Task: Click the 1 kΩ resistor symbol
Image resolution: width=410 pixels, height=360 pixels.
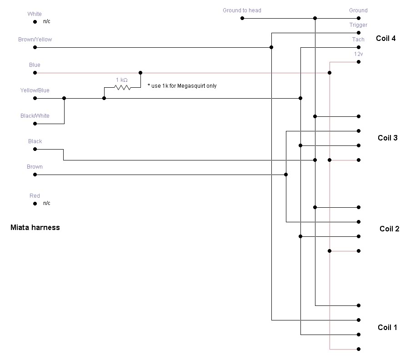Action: click(122, 87)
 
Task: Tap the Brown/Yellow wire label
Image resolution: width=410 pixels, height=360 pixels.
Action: click(35, 40)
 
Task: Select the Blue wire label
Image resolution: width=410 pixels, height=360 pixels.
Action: click(35, 65)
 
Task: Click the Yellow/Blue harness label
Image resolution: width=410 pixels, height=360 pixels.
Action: click(35, 90)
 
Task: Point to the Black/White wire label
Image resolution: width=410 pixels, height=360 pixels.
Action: click(35, 116)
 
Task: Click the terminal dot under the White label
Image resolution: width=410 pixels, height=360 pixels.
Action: click(35, 22)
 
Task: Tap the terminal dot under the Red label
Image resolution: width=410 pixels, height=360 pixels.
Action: click(35, 204)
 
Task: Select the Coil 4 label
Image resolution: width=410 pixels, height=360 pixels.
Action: click(386, 38)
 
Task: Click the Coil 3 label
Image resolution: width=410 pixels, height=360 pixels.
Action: click(388, 138)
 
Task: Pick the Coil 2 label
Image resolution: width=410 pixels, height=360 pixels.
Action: click(390, 229)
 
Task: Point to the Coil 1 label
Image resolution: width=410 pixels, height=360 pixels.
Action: click(388, 327)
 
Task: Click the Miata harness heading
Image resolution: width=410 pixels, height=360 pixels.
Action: click(35, 227)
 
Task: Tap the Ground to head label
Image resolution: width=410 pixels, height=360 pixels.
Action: click(242, 10)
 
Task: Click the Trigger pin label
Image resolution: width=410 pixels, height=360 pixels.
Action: click(358, 25)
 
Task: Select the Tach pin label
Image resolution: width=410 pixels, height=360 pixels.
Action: click(358, 40)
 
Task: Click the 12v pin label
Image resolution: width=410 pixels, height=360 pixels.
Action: click(358, 54)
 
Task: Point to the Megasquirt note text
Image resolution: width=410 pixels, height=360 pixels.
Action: click(182, 86)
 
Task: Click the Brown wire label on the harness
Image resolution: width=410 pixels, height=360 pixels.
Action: click(35, 167)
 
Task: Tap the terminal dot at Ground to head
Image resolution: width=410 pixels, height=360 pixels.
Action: click(242, 18)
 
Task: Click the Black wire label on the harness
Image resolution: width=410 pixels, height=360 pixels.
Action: click(35, 141)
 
